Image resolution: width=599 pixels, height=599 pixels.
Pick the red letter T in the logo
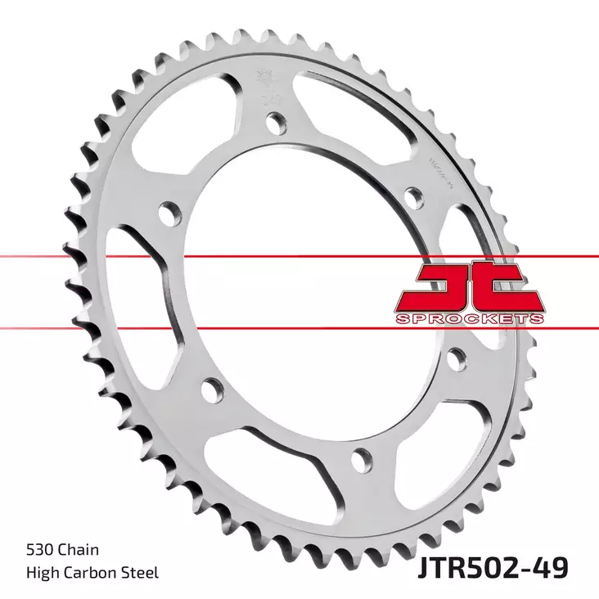tap(511, 286)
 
